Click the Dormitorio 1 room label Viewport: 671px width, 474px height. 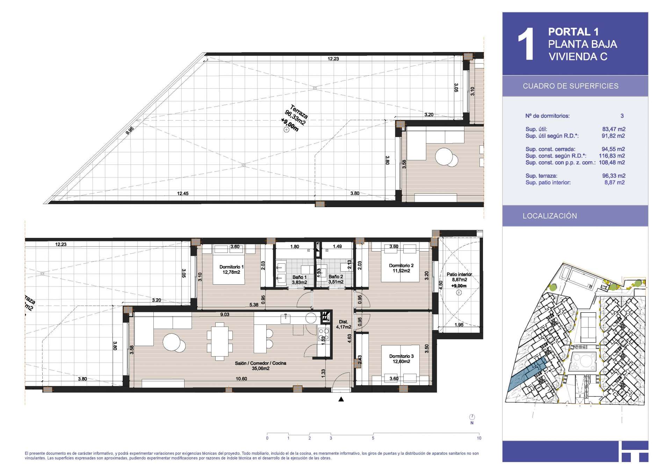pyautogui.click(x=231, y=269)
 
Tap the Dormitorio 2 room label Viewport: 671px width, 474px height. pyautogui.click(x=401, y=268)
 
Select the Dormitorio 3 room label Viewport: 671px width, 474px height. pyautogui.click(x=401, y=359)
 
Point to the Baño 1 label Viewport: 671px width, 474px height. pyautogui.click(x=300, y=279)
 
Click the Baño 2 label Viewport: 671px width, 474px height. pyautogui.click(x=335, y=279)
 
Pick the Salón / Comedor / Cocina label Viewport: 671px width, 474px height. pyautogui.click(x=260, y=366)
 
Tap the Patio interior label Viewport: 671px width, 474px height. pyautogui.click(x=459, y=280)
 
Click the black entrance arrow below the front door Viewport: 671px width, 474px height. pyautogui.click(x=341, y=399)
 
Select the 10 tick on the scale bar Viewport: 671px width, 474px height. pyautogui.click(x=479, y=438)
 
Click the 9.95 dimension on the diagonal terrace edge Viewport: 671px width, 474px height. pyautogui.click(x=130, y=131)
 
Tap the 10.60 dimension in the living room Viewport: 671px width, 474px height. pyautogui.click(x=241, y=379)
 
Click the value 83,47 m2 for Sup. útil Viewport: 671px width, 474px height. pyautogui.click(x=614, y=129)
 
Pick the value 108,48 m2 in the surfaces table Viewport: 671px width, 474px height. pyautogui.click(x=612, y=162)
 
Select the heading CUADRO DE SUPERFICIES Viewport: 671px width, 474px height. pyautogui.click(x=570, y=86)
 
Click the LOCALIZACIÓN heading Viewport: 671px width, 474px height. pyautogui.click(x=550, y=216)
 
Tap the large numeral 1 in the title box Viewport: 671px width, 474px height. pyautogui.click(x=526, y=44)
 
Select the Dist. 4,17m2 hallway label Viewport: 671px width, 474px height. pyautogui.click(x=344, y=324)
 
